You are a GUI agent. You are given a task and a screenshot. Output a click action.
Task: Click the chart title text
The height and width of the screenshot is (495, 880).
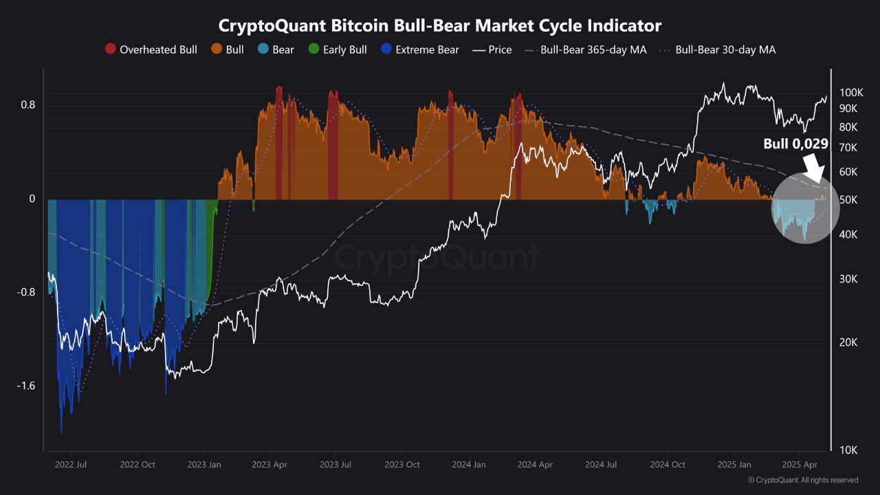coord(440,25)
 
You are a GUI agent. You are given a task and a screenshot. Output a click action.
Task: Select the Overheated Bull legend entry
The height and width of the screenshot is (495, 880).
coord(151,49)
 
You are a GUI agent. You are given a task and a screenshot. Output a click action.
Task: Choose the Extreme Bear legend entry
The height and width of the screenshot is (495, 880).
coord(419,49)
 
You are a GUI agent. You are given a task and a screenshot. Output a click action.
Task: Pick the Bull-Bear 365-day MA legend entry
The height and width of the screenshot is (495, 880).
coord(585,49)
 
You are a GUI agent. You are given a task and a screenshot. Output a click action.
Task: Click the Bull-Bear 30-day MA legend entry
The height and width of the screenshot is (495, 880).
coord(718,49)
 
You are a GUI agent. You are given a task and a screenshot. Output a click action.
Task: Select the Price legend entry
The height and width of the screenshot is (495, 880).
coord(492,49)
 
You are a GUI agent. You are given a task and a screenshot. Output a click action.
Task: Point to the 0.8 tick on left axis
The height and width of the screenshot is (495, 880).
coord(27,105)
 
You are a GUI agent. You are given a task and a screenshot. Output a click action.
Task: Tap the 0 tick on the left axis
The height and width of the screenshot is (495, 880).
coord(31,199)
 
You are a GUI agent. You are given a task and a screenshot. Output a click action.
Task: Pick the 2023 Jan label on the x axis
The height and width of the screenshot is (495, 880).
coord(204,464)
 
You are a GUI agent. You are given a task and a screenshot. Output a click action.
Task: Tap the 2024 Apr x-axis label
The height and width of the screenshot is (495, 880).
coord(536,464)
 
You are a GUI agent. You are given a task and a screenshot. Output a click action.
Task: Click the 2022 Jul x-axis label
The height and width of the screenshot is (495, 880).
coord(71,464)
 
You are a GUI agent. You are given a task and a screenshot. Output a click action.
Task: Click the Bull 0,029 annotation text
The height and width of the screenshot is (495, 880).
coord(795,144)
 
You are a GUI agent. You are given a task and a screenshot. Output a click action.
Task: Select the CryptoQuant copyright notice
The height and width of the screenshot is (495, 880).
coord(802,480)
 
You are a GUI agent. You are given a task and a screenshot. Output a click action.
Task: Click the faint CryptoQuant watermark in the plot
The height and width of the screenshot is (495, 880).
coord(437,258)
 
